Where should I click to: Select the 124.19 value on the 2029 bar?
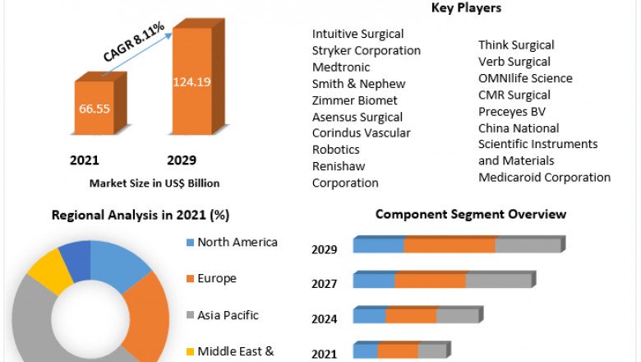click(x=191, y=81)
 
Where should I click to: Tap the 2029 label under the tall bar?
click(x=182, y=160)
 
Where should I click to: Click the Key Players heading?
click(x=466, y=8)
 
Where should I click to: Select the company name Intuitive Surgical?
click(x=357, y=34)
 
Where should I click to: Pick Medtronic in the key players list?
click(x=341, y=67)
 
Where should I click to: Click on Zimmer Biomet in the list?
click(x=354, y=100)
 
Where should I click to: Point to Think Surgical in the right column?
click(x=516, y=45)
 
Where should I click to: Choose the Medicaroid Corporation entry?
click(x=544, y=177)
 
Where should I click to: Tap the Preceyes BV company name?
click(x=512, y=111)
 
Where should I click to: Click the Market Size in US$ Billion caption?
click(x=154, y=183)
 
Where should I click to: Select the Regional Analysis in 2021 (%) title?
click(x=141, y=216)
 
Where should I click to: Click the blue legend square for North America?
click(x=191, y=243)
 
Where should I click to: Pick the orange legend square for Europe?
click(x=191, y=279)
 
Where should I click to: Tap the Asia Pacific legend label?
click(x=228, y=315)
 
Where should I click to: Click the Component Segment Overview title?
click(x=471, y=214)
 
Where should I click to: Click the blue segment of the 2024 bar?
click(x=370, y=316)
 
